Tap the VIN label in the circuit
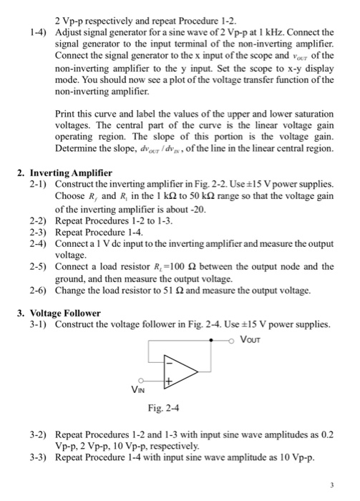[x=140, y=389]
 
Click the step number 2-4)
[x=39, y=243]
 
